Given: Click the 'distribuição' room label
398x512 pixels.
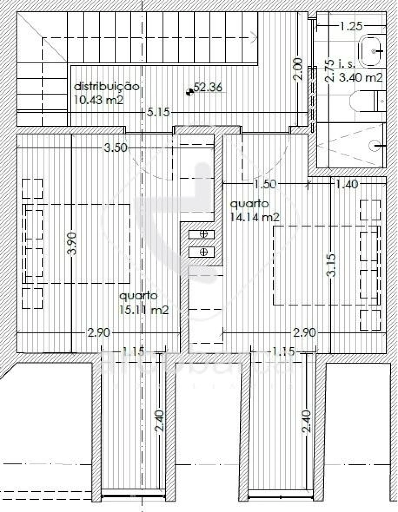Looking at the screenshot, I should coord(106,86).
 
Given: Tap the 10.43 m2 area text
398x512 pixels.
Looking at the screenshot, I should coord(99,100).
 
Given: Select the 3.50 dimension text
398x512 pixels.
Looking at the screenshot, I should coord(115,148).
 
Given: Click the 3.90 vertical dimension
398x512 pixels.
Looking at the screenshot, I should coord(72,244).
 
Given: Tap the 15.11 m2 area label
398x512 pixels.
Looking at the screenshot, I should coord(144,310).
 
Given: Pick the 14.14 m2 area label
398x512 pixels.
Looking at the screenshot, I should coord(254,217).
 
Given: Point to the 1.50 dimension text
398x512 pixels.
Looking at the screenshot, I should coord(265,184).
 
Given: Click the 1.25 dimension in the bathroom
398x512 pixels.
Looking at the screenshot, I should coord(351,26).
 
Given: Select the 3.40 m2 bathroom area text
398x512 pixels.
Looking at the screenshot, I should coord(361,77).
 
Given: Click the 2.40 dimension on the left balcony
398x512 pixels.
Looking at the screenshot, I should coord(159,421).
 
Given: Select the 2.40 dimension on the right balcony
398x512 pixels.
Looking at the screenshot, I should coord(306,421).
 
